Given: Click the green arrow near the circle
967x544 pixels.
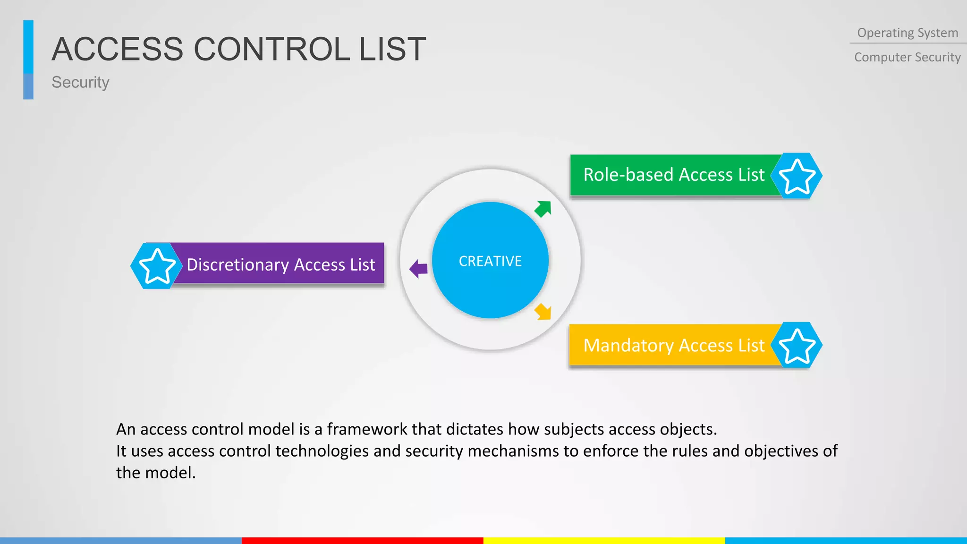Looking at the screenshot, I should (543, 209).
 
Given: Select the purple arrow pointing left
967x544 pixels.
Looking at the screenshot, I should (418, 269).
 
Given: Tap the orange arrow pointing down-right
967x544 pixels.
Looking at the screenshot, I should (543, 312).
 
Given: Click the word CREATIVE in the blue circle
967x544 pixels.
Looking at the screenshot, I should (490, 261).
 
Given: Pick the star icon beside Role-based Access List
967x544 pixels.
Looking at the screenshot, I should (797, 176).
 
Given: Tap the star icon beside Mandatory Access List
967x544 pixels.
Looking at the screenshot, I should (797, 346).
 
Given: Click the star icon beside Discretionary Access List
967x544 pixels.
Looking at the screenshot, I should (157, 266).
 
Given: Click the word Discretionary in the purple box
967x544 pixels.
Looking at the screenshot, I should (238, 265).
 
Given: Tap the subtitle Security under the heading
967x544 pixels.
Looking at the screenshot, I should (80, 82).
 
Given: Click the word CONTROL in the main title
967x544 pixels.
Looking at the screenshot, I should (272, 49).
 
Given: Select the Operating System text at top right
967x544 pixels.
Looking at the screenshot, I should (908, 33).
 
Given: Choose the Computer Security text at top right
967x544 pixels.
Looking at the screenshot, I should (907, 57).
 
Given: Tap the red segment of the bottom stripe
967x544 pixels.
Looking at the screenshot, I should (362, 540).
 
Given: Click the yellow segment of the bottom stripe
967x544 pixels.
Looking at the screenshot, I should (604, 540).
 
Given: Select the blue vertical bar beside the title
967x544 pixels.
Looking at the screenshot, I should (28, 59).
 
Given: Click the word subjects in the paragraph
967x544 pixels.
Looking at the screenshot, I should (574, 429).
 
